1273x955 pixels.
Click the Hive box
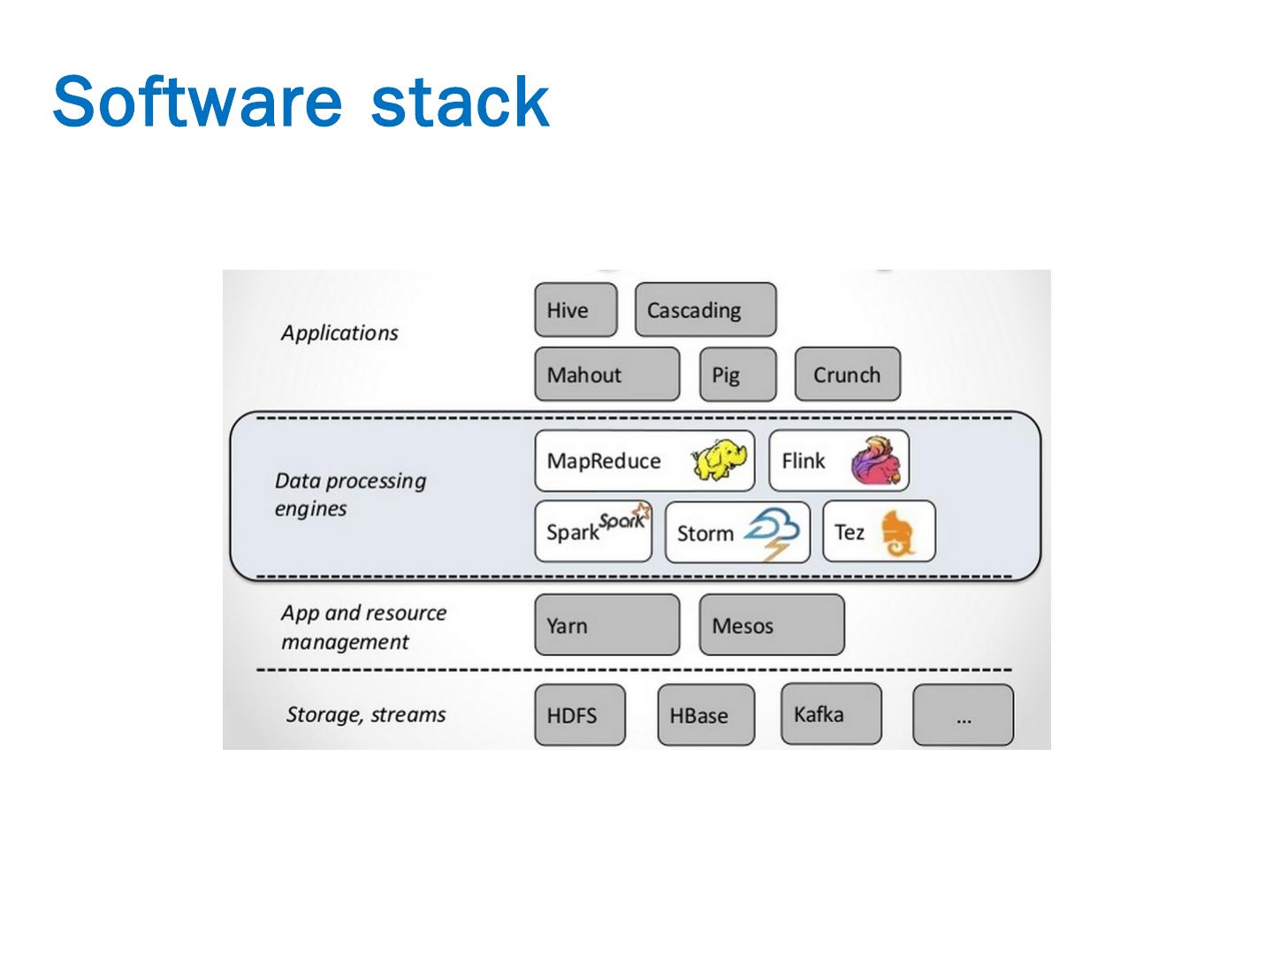pos(576,310)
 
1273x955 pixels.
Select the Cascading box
pos(705,310)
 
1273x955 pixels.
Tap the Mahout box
pos(606,375)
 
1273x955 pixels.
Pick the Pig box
pos(737,375)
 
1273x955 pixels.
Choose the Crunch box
pos(847,375)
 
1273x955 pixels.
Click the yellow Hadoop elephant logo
pos(719,458)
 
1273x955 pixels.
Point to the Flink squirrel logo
pos(878,461)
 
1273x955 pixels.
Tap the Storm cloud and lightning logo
pos(772,532)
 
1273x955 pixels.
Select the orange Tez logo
pos(897,532)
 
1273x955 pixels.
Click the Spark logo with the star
pos(624,519)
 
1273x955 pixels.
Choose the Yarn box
pos(606,625)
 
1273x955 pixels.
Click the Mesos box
pos(771,625)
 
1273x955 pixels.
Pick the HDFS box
pos(580,715)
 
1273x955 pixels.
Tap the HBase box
pos(705,715)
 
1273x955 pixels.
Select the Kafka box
pos(830,714)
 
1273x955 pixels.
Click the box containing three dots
pos(963,715)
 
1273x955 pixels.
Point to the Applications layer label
pos(339,333)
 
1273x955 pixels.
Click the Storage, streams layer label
pos(366,714)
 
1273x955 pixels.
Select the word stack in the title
pos(460,103)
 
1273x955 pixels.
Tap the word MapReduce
pos(604,461)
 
